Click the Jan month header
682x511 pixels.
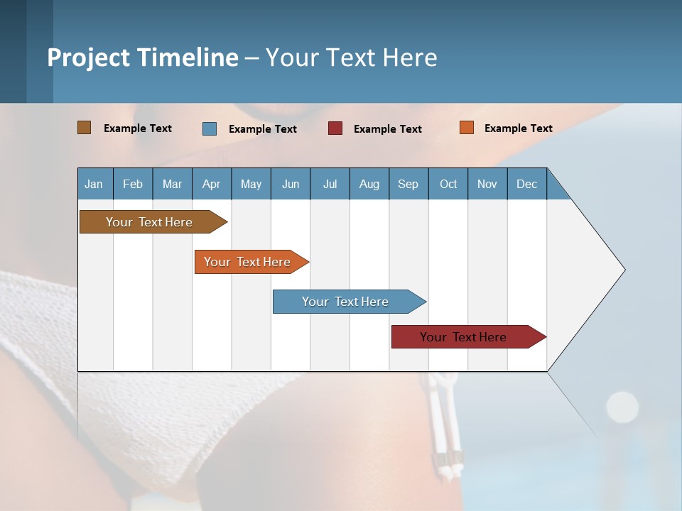pyautogui.click(x=94, y=184)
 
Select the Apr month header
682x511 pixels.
pyautogui.click(x=211, y=184)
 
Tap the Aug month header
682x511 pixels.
pyautogui.click(x=369, y=184)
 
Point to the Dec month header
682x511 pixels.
pyautogui.click(x=526, y=184)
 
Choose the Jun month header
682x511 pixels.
pyautogui.click(x=290, y=184)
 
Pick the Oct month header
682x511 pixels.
pyautogui.click(x=448, y=184)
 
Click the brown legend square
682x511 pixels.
pyautogui.click(x=85, y=128)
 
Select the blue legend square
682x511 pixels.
pyautogui.click(x=210, y=128)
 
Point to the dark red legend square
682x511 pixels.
pyautogui.click(x=335, y=128)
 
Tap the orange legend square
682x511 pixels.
pyautogui.click(x=466, y=128)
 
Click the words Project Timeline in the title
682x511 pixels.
pyautogui.click(x=143, y=57)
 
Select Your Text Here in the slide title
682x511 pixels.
pyautogui.click(x=351, y=57)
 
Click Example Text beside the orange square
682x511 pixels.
pyautogui.click(x=518, y=128)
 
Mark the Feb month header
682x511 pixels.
pyautogui.click(x=133, y=184)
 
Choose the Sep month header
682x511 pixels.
pyautogui.click(x=408, y=184)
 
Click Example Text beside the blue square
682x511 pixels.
pyautogui.click(x=262, y=129)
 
